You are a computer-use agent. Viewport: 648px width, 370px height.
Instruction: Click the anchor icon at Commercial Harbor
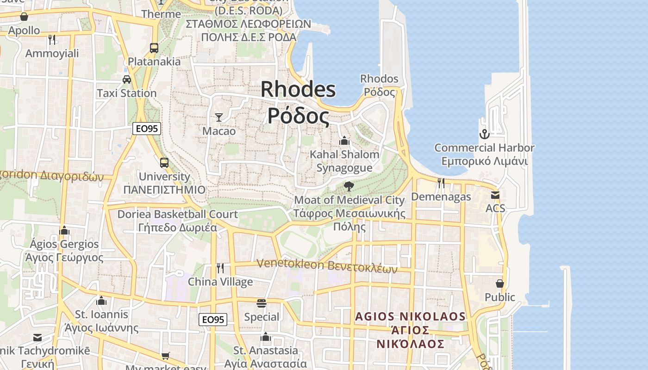coord(484,134)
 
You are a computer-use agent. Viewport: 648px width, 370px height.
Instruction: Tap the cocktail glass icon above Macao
coord(219,117)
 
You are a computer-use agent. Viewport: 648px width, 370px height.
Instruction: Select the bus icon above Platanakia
coord(154,48)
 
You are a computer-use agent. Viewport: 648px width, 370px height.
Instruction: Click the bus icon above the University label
coord(164,162)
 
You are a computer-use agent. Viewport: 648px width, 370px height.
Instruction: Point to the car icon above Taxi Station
coord(127,79)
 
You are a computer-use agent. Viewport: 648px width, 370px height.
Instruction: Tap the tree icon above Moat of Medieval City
coord(349,186)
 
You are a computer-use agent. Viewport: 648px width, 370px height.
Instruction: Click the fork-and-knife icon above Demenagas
coord(441,183)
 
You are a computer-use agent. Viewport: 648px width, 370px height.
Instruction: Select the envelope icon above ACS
coord(495,195)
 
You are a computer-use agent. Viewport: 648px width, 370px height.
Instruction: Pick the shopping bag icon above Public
coord(500,283)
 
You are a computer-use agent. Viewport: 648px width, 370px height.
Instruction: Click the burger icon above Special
coord(262,303)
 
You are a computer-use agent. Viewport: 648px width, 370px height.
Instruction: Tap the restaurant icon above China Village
coord(220,268)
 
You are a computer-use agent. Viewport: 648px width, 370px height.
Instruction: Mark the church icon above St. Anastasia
coord(266,337)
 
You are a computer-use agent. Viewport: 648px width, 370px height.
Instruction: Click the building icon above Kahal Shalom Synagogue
coord(344,140)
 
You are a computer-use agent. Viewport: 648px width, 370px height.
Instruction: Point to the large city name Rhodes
coord(298,89)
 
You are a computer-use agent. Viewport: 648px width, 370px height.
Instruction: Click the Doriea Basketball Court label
coord(177,215)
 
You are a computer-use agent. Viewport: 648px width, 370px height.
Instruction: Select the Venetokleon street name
coord(291,264)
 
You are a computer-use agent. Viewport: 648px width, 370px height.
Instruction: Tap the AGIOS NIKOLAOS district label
coord(410,317)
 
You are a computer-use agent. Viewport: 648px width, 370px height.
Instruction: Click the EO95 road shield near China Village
coord(213,319)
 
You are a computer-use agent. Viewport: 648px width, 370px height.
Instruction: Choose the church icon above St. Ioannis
coord(101,301)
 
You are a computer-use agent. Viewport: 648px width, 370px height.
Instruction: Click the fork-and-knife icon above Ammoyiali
coord(52,40)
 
